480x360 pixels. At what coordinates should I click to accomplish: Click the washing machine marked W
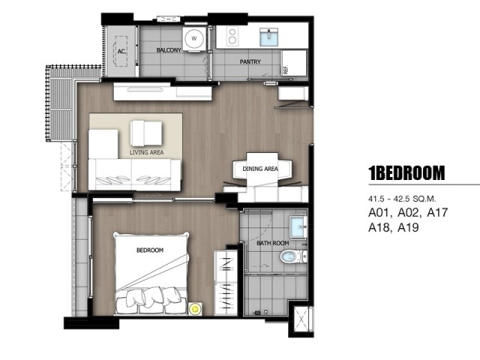point(194,38)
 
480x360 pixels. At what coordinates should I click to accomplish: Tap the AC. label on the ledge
point(121,52)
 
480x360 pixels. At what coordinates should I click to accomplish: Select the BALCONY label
point(169,50)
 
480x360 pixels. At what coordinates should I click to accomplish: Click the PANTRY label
point(250,61)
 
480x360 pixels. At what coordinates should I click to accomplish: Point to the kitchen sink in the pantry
point(268,37)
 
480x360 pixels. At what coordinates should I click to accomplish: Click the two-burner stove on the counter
point(232,36)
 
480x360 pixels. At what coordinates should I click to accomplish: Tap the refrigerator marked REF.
point(293,63)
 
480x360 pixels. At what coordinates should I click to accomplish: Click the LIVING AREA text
point(146,152)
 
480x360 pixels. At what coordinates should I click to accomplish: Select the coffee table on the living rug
point(146,133)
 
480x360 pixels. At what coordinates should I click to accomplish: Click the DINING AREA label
point(260,169)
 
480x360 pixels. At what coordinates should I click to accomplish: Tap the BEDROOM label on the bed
point(150,250)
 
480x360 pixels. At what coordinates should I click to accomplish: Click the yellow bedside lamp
point(195,308)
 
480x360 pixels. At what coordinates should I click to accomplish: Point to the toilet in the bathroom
point(293,256)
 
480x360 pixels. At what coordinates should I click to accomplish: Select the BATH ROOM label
point(273,243)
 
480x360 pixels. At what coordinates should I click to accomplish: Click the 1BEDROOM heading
point(406,173)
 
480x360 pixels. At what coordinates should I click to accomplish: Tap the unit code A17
point(437,212)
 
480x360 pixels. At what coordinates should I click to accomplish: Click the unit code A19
point(408,227)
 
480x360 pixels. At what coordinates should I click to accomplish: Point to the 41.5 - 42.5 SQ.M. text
point(402,199)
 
